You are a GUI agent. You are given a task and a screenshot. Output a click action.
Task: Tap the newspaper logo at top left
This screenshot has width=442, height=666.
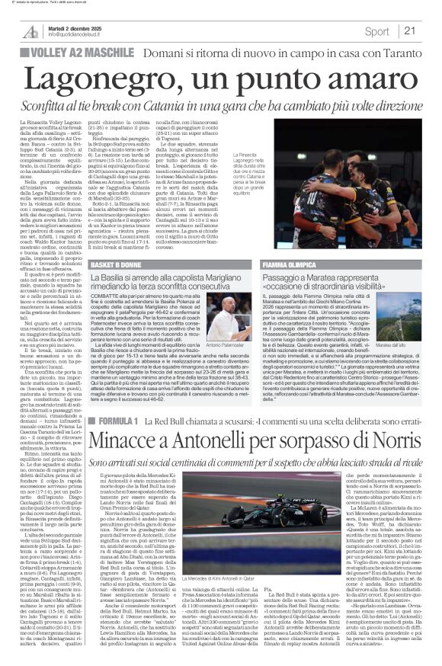coord(30,31)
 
